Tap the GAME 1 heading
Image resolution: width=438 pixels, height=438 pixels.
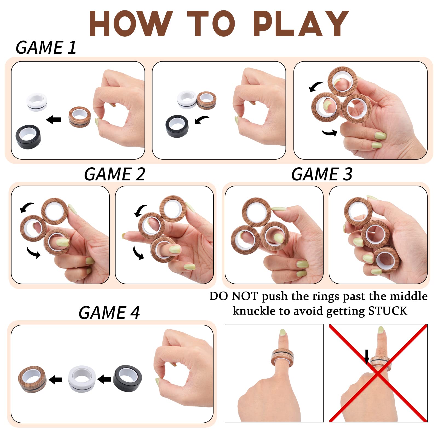point(46,47)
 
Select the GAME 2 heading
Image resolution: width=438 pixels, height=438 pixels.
point(114,174)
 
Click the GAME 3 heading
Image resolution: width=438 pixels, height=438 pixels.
point(322,174)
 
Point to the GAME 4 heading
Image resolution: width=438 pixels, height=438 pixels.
point(109,313)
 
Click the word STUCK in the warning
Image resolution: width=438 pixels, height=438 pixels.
point(388,311)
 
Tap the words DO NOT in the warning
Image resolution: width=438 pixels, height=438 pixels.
point(234,296)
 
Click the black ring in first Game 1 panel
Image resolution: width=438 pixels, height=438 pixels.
point(28,137)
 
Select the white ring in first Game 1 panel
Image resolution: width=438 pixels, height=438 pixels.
point(37,102)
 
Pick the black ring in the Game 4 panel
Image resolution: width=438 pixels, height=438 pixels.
point(127,378)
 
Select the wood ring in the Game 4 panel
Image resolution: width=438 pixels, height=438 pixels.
point(32,379)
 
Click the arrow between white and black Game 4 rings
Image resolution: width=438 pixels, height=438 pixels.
point(104,379)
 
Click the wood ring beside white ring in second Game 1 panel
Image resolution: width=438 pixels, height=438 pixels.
point(206,100)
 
